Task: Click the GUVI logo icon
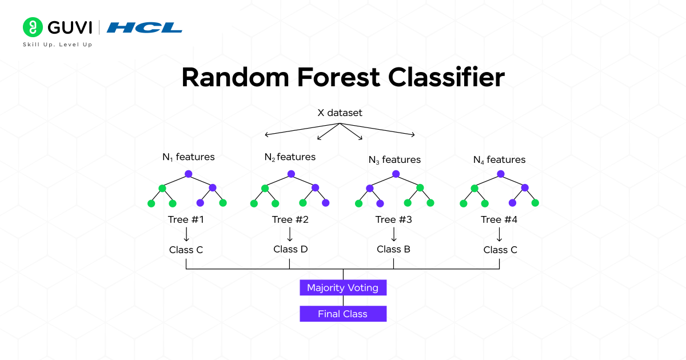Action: tap(33, 27)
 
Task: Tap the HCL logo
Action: tap(145, 27)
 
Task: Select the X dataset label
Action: tap(340, 113)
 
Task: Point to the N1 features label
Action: tap(188, 157)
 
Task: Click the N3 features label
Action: tap(394, 160)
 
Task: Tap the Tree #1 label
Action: tap(186, 219)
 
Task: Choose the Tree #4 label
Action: tap(499, 219)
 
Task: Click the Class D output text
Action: tap(290, 249)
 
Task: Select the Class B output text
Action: tap(393, 249)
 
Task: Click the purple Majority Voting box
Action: tap(343, 287)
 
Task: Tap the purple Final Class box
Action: tap(343, 314)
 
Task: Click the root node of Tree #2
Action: tap(291, 174)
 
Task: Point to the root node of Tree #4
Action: tap(501, 174)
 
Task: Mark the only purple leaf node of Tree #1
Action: tap(201, 203)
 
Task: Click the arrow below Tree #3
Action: tap(393, 234)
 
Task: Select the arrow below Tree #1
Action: tap(186, 234)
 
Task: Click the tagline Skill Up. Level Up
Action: tap(57, 45)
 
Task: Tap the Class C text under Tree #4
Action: tap(500, 250)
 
